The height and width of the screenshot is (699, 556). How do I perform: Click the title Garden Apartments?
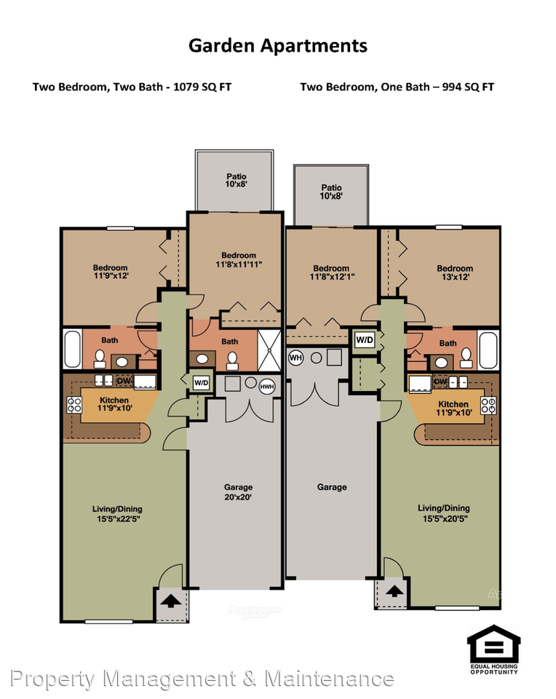(277, 46)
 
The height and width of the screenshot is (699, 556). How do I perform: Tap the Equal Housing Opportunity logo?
(493, 649)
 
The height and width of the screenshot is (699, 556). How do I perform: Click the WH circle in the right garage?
(296, 358)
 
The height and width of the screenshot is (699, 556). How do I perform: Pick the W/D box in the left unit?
(200, 382)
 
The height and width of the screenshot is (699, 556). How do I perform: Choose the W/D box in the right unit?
(364, 339)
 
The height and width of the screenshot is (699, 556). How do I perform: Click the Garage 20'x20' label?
(233, 492)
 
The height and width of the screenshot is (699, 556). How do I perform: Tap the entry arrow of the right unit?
(393, 592)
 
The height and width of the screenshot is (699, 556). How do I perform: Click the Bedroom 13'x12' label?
(455, 272)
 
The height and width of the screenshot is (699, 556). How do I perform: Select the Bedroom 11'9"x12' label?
(110, 272)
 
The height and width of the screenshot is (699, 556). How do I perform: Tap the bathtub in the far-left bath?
(71, 349)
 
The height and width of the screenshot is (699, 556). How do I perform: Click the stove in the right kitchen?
(488, 404)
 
